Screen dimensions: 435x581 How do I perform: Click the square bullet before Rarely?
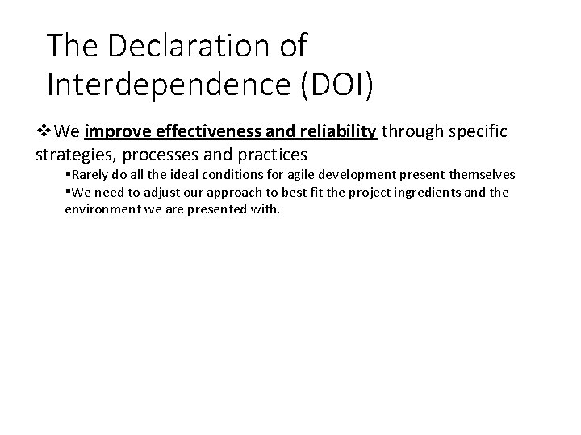click(x=68, y=175)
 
